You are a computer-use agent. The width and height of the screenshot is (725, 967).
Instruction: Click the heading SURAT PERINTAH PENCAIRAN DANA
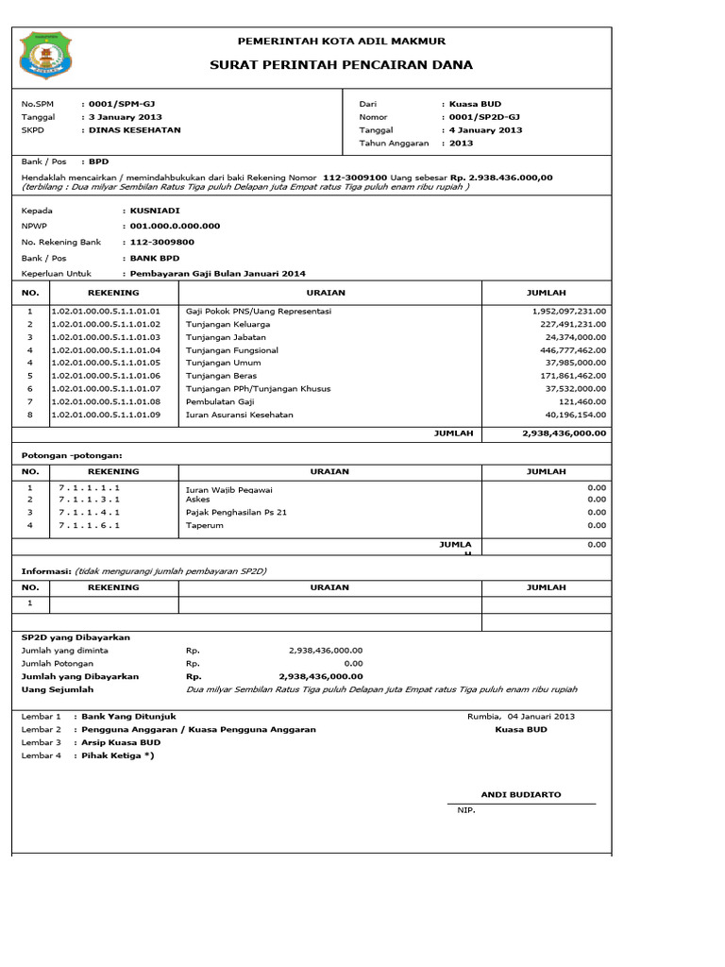click(x=341, y=65)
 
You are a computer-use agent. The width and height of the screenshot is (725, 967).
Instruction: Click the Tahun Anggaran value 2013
click(x=462, y=144)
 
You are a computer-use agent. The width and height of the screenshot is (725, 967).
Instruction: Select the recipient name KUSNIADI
click(x=155, y=211)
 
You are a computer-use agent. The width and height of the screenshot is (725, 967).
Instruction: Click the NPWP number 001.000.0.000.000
click(x=175, y=227)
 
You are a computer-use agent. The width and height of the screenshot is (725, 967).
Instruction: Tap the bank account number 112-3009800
click(x=161, y=243)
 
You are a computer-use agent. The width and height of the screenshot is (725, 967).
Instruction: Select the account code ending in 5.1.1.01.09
click(x=106, y=415)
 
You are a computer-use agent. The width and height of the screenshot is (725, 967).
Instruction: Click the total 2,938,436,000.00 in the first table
click(x=564, y=433)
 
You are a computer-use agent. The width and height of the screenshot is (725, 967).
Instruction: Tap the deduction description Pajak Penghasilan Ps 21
click(x=236, y=512)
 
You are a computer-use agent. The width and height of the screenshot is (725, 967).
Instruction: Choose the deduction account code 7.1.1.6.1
click(x=89, y=525)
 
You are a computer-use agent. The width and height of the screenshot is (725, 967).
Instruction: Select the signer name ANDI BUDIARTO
click(x=520, y=795)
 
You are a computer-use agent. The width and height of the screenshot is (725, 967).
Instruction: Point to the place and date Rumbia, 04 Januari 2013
click(x=520, y=716)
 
